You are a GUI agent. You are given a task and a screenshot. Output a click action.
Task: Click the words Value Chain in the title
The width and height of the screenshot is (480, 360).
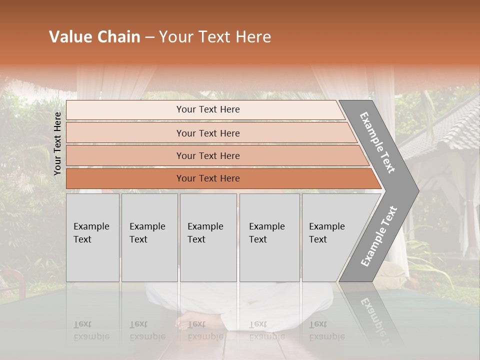94,37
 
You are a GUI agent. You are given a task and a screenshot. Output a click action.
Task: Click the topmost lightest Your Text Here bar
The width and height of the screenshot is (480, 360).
207,109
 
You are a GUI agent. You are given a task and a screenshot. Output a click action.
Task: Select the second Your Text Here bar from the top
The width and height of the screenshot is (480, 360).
207,133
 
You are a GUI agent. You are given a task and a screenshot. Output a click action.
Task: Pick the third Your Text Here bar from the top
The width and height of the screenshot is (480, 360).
207,155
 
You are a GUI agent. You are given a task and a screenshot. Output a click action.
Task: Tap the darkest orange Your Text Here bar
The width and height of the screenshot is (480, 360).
207,178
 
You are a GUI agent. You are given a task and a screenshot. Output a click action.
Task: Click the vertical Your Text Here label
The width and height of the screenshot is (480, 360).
57,143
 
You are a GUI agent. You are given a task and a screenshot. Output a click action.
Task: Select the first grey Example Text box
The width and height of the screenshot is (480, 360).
92,237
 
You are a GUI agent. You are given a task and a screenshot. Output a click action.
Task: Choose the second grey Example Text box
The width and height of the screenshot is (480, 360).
149,237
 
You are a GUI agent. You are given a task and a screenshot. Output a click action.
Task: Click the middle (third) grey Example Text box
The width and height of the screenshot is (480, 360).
208,237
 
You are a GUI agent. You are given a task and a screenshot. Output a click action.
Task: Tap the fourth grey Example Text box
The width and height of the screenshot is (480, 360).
269,237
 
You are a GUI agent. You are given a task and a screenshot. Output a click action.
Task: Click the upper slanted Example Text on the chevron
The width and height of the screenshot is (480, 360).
377,142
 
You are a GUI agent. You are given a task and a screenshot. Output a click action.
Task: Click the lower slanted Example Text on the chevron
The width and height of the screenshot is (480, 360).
379,236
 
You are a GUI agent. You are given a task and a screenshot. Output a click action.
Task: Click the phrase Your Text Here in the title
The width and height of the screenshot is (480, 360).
215,37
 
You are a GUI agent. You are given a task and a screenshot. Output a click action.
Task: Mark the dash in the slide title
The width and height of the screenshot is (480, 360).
149,37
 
